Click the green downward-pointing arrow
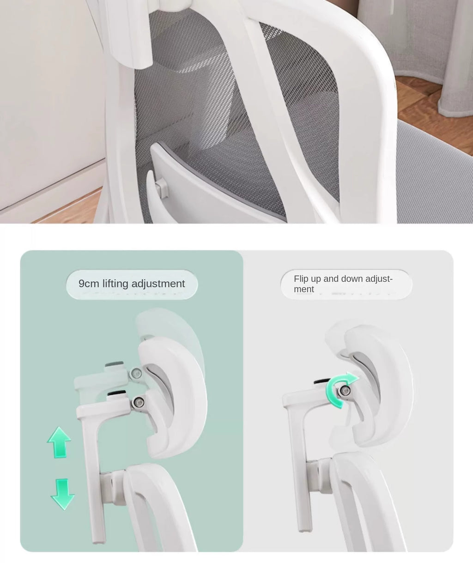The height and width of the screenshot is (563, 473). point(62,494)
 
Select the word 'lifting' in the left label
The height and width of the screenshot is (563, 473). point(115,284)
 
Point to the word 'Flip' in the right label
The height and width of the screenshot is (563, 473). point(301,278)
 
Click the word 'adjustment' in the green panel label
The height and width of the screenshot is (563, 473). point(158,284)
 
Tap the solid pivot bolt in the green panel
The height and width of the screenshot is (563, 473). point(138,403)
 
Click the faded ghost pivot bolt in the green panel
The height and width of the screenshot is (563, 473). point(136,374)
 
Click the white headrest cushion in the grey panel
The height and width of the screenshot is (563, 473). point(380,388)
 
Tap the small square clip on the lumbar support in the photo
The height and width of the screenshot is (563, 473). point(161,187)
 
